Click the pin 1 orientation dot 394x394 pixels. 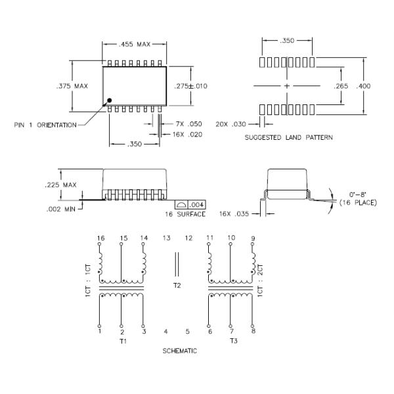point(109,100)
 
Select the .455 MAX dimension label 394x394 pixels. point(135,45)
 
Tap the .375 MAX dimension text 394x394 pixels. point(72,86)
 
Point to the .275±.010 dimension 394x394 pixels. point(190,86)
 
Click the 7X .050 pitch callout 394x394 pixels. point(188,124)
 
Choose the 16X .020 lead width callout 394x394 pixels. point(187,135)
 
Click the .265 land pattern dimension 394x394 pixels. point(341,86)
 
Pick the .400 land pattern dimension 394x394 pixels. point(363,86)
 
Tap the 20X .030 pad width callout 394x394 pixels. point(231,124)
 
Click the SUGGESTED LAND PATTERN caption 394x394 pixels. point(289,137)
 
